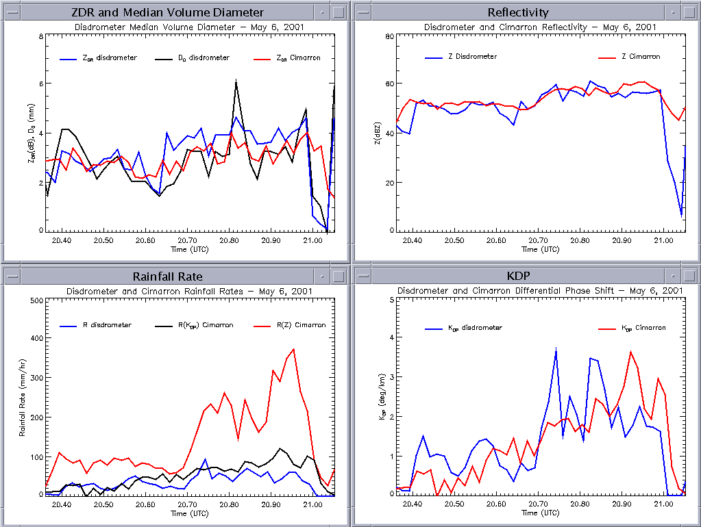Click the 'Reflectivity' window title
point(518,12)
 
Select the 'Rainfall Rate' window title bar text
point(168,277)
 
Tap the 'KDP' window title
point(518,277)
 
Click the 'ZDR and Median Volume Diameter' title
point(168,12)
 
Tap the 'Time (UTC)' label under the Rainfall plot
point(189,513)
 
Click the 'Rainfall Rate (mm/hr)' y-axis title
point(22,397)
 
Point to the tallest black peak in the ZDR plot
point(236,80)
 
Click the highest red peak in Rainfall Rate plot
point(294,349)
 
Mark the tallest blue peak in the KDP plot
point(556,348)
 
